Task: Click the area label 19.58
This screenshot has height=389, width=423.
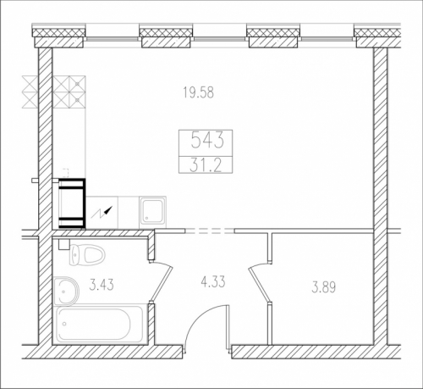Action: click(199, 92)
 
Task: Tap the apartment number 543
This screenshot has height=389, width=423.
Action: click(207, 141)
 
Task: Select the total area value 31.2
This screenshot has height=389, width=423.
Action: click(206, 164)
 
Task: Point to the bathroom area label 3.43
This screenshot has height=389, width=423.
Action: click(102, 285)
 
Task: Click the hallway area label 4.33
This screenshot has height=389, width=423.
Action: click(213, 281)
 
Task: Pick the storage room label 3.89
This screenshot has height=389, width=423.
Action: click(323, 288)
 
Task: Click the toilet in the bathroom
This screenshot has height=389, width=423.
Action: click(87, 254)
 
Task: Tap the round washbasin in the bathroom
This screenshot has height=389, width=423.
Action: click(67, 291)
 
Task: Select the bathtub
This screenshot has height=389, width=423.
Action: click(101, 324)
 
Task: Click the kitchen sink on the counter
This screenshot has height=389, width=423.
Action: click(152, 212)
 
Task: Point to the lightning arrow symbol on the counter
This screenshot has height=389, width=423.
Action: click(102, 213)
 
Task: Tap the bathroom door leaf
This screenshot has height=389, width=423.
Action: click(162, 281)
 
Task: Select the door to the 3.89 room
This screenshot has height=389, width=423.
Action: click(260, 282)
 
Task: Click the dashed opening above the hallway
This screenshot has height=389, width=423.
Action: click(210, 231)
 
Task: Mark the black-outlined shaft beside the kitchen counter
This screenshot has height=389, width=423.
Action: click(72, 203)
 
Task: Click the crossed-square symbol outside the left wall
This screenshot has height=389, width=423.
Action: click(30, 92)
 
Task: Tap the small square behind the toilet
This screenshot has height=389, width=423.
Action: click(64, 244)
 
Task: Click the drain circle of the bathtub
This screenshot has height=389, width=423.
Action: click(65, 324)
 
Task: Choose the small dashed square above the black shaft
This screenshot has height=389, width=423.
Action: click(66, 171)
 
